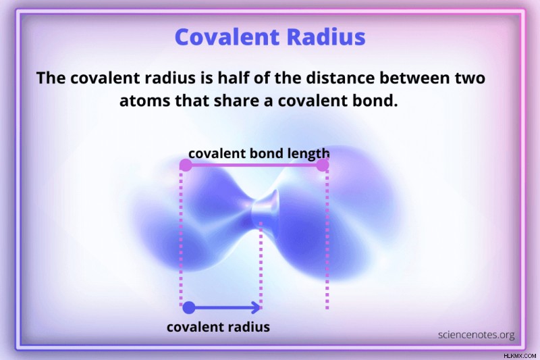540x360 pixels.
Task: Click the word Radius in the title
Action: point(326,36)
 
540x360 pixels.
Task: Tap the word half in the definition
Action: point(233,78)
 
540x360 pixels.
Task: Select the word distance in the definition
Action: point(340,78)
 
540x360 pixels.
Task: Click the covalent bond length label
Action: point(259,153)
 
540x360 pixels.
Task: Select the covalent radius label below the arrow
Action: point(218,327)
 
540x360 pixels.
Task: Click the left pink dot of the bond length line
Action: point(186,165)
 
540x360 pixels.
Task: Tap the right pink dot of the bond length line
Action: point(323,165)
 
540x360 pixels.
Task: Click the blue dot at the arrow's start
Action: point(189,307)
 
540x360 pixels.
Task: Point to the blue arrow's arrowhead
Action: point(256,307)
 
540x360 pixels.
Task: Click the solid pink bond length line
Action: point(254,165)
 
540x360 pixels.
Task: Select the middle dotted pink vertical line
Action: point(261,264)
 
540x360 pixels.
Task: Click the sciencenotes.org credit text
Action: point(477,335)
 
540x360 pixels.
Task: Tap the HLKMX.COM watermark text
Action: point(520,355)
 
